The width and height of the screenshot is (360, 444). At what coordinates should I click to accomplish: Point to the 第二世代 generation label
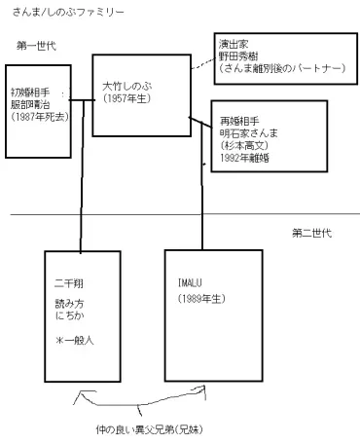pyautogui.click(x=312, y=233)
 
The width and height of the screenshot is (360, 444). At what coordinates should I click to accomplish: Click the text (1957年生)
pyautogui.click(x=131, y=99)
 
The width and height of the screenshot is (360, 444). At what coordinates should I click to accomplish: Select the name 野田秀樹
pyautogui.click(x=238, y=56)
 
